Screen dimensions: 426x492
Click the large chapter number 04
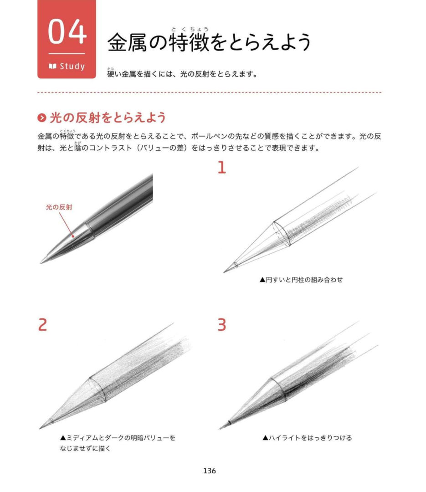[x=67, y=31]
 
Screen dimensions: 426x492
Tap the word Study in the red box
[x=72, y=66]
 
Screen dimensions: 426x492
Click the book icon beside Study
[x=52, y=66]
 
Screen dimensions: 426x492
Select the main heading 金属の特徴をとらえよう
[x=209, y=42]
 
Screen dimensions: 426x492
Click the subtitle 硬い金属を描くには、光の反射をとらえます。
[x=182, y=74]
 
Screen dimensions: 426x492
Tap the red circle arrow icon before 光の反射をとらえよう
[x=42, y=118]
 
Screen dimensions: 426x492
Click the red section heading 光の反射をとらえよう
[x=108, y=118]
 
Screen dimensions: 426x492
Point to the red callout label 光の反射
[x=59, y=207]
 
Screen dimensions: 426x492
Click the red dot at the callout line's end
[x=73, y=236]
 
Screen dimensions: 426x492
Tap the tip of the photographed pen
[x=41, y=263]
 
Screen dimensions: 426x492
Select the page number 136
[x=210, y=471]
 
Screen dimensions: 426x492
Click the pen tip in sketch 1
[x=224, y=272]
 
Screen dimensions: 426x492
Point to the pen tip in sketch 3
[x=220, y=429]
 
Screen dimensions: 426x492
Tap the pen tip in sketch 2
[x=40, y=428]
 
